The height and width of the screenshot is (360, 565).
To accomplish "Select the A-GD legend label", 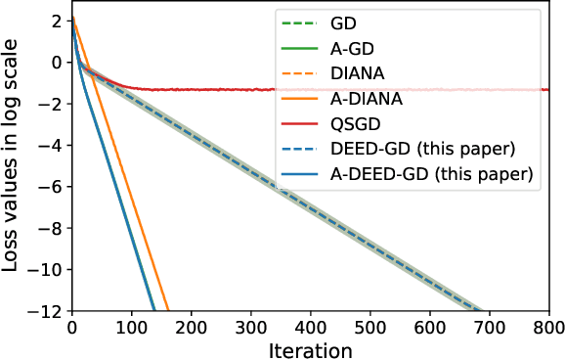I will (x=358, y=48).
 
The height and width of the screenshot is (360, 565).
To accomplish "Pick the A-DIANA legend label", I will (x=374, y=99).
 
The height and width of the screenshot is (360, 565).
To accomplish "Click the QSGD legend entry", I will (x=361, y=124).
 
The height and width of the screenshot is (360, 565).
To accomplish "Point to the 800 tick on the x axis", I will (x=549, y=326).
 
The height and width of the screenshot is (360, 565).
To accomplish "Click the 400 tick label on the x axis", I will (x=311, y=326).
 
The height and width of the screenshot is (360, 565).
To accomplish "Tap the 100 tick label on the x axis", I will (x=131, y=326).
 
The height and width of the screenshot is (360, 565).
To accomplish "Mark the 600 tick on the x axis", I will (x=430, y=326).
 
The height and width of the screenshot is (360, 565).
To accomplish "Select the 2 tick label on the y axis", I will (x=57, y=21).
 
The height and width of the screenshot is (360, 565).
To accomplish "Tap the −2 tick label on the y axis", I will (x=51, y=104).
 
